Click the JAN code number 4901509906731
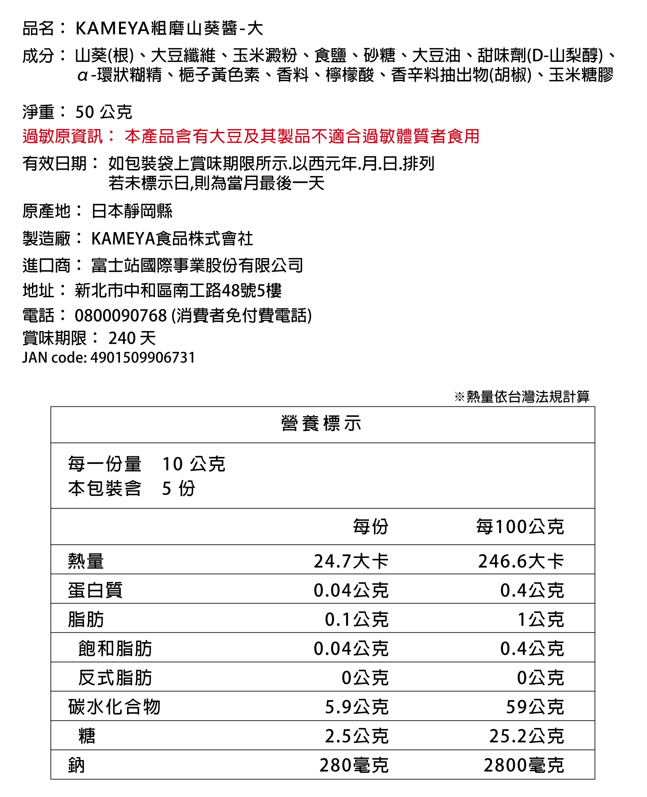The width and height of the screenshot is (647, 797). [x=143, y=358]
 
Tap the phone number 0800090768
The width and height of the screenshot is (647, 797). [x=120, y=316]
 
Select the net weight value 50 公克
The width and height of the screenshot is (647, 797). [x=103, y=112]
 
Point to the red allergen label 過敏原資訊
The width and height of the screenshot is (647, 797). [x=62, y=136]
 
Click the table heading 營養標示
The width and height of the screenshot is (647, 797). [x=321, y=424]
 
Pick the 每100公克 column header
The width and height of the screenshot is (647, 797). [x=520, y=527]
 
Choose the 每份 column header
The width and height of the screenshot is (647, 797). [x=370, y=527]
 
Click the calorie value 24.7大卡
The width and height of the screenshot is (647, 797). [x=351, y=561]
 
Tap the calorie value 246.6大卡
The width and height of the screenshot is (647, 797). [x=521, y=561]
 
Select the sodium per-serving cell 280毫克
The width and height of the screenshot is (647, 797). [x=354, y=765]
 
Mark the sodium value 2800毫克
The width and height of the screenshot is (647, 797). [x=524, y=765]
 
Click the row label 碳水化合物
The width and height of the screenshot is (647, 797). [x=114, y=707]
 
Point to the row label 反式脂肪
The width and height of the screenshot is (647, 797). [x=115, y=678]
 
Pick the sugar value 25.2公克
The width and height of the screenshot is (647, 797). [x=526, y=736]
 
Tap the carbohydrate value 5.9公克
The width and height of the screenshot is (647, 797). [x=357, y=707]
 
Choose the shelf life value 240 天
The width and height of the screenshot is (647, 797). [x=132, y=338]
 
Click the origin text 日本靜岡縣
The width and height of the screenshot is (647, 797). [x=132, y=211]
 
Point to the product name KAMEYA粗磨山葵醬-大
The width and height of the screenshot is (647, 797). [x=169, y=28]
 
